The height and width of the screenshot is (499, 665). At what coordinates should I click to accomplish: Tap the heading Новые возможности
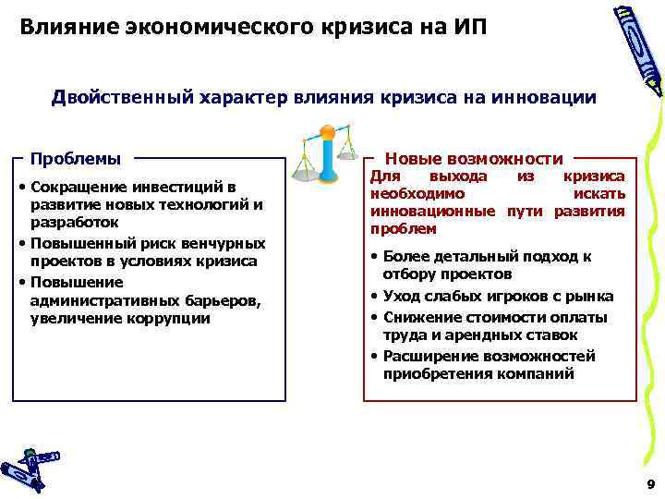474,158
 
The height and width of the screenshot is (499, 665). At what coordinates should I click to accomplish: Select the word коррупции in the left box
175,319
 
